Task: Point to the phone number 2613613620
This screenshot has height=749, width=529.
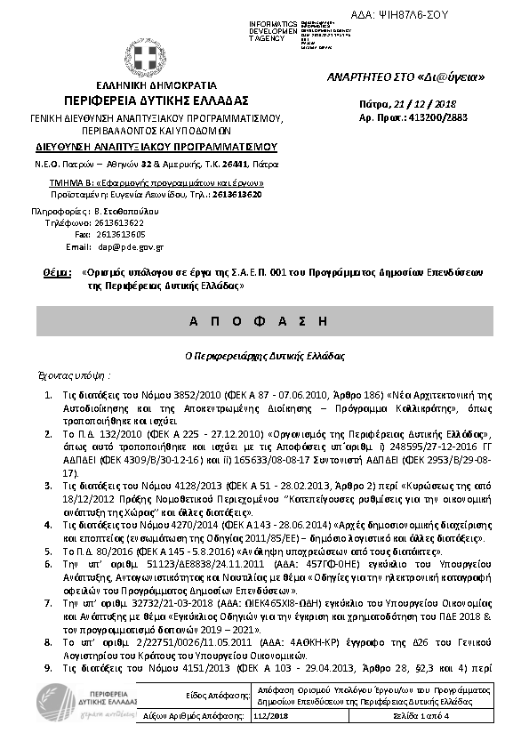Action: point(236,194)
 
